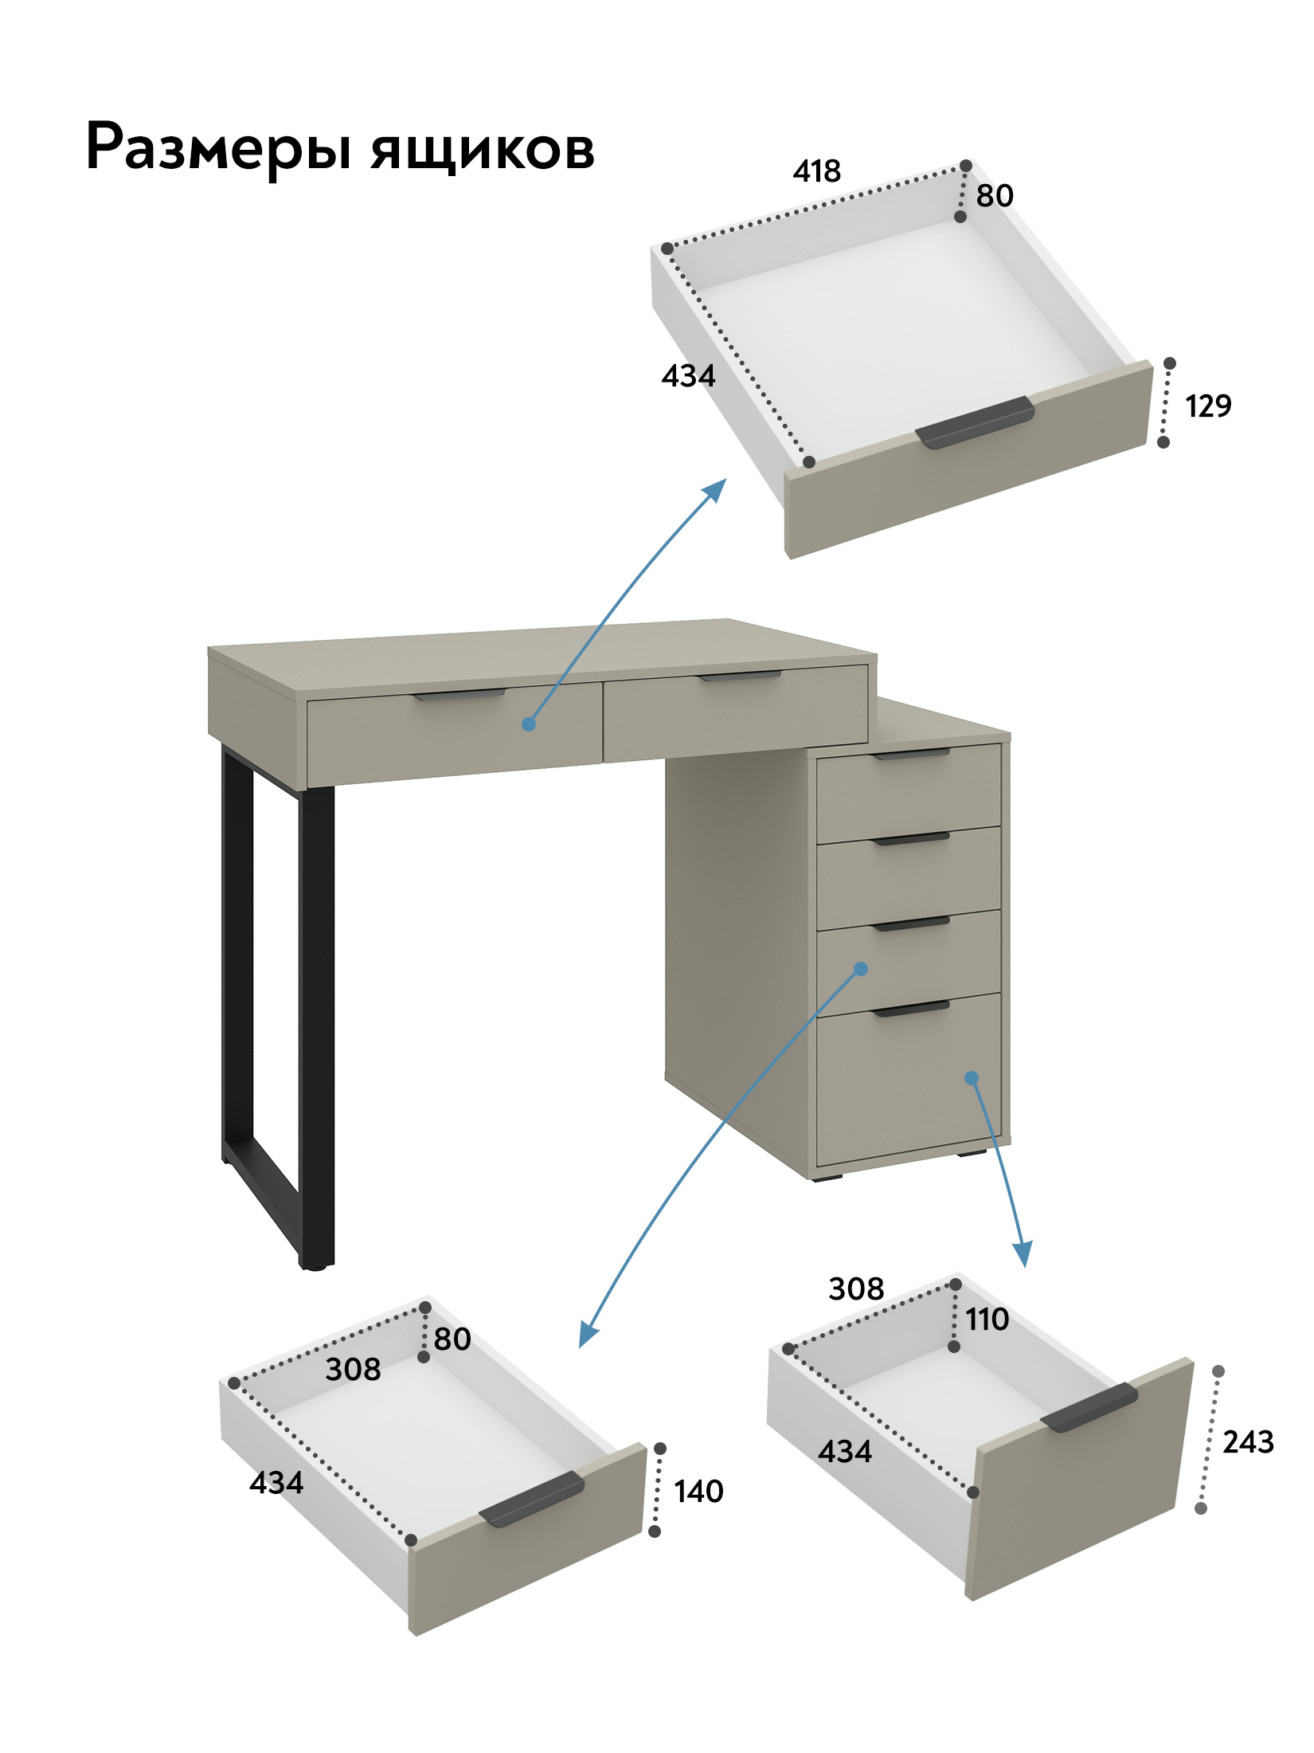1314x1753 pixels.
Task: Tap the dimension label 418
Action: (816, 171)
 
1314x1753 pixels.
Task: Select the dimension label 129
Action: (1208, 406)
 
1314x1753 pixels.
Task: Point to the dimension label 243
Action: (1248, 1441)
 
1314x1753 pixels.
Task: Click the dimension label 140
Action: (698, 1492)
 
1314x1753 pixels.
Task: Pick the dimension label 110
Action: (987, 1320)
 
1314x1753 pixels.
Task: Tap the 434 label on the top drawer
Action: (688, 375)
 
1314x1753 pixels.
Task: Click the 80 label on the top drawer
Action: (995, 195)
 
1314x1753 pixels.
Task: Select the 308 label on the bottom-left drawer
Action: (353, 1369)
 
